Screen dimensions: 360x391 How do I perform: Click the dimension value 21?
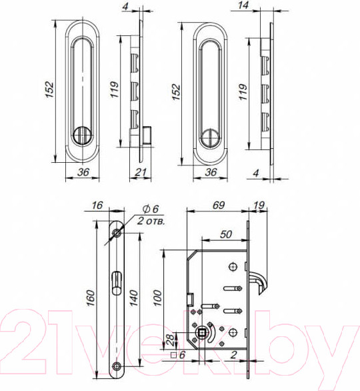(x=140, y=171)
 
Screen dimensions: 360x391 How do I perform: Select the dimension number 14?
(x=243, y=5)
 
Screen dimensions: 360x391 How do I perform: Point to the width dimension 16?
(x=97, y=206)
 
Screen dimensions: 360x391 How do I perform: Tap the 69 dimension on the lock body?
(x=219, y=206)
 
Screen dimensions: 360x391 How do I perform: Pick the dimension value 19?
(x=259, y=206)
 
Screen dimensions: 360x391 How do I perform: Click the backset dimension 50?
(x=226, y=234)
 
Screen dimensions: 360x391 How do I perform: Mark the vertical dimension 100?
(x=157, y=298)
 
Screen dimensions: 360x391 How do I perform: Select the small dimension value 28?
(x=171, y=340)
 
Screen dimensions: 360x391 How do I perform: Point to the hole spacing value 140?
(x=134, y=298)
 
